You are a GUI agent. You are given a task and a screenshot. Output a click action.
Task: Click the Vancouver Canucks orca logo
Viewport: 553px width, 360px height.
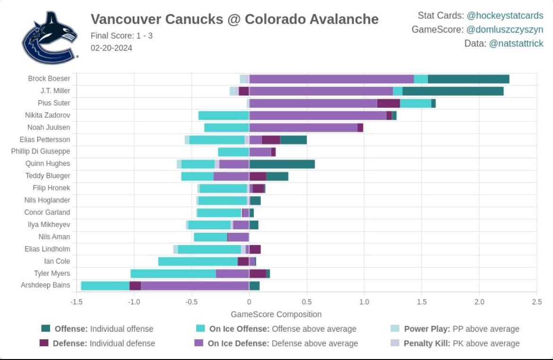click(x=50, y=38)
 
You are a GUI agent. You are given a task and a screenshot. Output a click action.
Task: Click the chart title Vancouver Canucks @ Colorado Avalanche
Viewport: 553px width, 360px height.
click(x=234, y=19)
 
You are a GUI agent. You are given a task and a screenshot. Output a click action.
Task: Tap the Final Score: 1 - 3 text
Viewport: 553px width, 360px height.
click(x=121, y=35)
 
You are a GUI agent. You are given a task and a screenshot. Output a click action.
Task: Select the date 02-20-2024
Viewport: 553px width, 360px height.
click(x=111, y=48)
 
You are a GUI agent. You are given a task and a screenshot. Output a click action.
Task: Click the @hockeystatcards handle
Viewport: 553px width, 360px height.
click(x=505, y=16)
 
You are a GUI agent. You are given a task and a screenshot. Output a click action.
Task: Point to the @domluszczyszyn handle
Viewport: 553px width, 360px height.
click(x=505, y=29)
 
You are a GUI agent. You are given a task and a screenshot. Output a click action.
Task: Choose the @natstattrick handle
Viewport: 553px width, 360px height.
click(x=516, y=43)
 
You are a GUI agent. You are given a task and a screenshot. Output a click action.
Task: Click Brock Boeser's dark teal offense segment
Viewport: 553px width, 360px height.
click(x=468, y=79)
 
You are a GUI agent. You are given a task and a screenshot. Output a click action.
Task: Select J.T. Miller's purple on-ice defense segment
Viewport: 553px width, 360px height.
click(x=321, y=91)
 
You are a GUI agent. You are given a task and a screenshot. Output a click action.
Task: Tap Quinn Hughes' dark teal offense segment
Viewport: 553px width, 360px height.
click(x=282, y=164)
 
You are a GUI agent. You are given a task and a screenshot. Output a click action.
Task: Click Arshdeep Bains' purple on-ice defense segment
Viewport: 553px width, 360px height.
click(x=195, y=285)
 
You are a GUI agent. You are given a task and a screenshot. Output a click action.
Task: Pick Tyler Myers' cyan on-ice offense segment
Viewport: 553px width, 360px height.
click(x=173, y=274)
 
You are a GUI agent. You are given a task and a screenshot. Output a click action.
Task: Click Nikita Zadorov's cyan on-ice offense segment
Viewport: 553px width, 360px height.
click(x=224, y=115)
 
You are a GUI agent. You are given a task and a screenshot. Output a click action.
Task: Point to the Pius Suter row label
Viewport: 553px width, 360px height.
click(x=54, y=103)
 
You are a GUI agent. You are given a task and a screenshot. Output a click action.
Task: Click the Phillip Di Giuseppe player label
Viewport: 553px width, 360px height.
click(x=41, y=152)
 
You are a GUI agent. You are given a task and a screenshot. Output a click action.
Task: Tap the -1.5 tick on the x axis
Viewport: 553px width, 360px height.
click(x=76, y=302)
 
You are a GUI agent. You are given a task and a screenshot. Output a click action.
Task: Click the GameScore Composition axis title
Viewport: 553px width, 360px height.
click(x=276, y=314)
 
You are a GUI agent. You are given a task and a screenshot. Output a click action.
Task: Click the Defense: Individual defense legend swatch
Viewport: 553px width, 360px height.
click(x=46, y=343)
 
